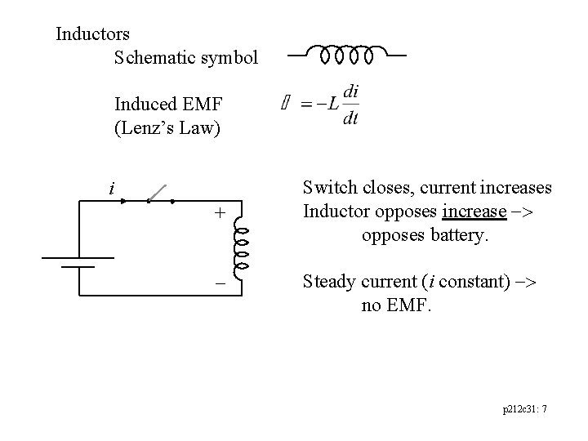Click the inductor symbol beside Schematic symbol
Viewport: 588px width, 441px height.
pyautogui.click(x=347, y=56)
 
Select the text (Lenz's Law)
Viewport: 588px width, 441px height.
pyautogui.click(x=167, y=128)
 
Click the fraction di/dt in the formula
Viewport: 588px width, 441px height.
pyautogui.click(x=350, y=105)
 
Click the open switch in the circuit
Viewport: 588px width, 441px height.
pyautogui.click(x=160, y=194)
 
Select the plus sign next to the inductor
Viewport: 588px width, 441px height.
pyautogui.click(x=218, y=214)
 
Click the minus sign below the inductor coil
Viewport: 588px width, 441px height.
pyautogui.click(x=219, y=279)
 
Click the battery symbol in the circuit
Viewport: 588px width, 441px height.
pyautogui.click(x=78, y=261)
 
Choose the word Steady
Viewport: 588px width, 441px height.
pyautogui.click(x=328, y=283)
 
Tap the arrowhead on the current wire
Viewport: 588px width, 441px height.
pyautogui.click(x=122, y=200)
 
